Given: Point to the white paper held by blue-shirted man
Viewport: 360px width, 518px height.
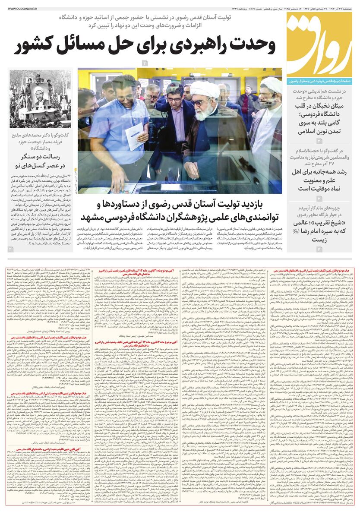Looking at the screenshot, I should pos(134,137).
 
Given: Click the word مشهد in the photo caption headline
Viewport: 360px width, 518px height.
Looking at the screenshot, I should pos(93,216).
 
